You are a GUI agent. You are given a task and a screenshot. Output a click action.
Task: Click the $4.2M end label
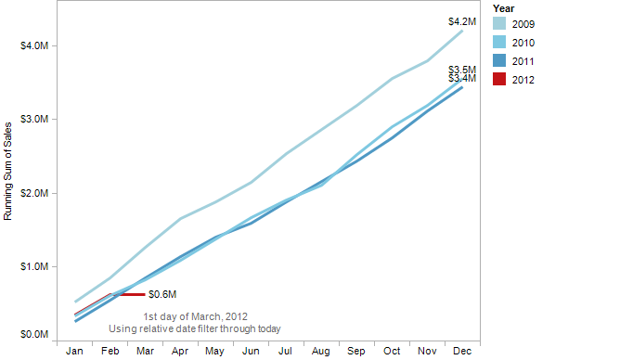(x=461, y=21)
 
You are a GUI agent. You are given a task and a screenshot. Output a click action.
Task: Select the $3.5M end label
(x=461, y=70)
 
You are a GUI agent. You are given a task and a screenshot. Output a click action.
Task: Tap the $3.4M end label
(x=461, y=79)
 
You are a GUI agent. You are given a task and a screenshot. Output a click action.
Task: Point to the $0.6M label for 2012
(x=161, y=294)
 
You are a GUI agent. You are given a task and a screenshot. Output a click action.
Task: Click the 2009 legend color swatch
(x=499, y=24)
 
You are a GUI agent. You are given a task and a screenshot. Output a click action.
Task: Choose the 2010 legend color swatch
(x=499, y=43)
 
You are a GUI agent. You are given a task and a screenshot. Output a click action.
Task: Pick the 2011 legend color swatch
(x=499, y=61)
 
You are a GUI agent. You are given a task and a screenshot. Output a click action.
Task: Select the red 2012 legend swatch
(x=499, y=80)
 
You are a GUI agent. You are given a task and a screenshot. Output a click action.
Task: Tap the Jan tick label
(x=75, y=352)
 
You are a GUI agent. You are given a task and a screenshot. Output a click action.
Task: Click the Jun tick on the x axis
(x=250, y=352)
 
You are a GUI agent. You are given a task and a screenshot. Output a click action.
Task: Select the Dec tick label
(x=461, y=352)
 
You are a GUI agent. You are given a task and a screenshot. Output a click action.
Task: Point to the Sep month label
(x=355, y=352)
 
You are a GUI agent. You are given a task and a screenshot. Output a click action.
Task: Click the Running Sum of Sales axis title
(x=8, y=170)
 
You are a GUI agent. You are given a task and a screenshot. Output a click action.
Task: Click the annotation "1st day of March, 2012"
(x=195, y=316)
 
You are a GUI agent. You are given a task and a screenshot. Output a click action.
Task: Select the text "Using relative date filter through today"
(x=195, y=328)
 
